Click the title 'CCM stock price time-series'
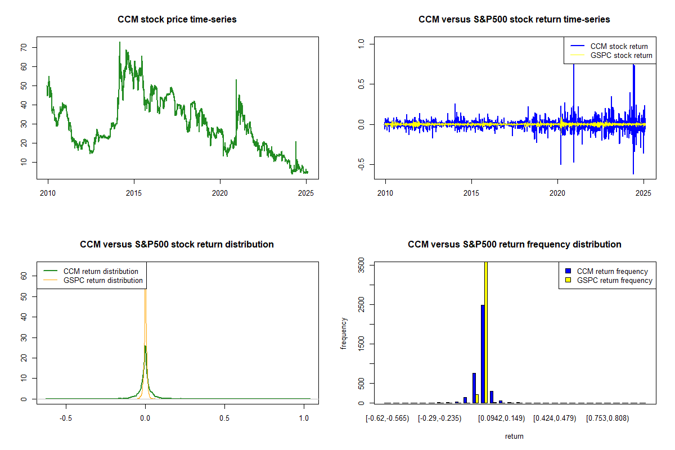click(x=177, y=20)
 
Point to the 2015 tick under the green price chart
click(x=134, y=192)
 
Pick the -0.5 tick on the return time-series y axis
click(x=361, y=164)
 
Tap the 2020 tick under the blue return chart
click(x=557, y=192)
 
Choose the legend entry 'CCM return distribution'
click(x=101, y=271)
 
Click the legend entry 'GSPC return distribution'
click(x=103, y=280)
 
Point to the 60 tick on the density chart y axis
click(x=24, y=276)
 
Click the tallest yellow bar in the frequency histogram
click(x=485, y=332)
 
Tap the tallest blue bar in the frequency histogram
click(x=482, y=354)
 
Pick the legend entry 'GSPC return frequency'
click(x=614, y=280)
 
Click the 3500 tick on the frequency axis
click(x=361, y=265)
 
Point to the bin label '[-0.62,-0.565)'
click(x=388, y=418)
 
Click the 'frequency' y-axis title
click(x=344, y=334)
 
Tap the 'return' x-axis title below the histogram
click(x=514, y=436)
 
